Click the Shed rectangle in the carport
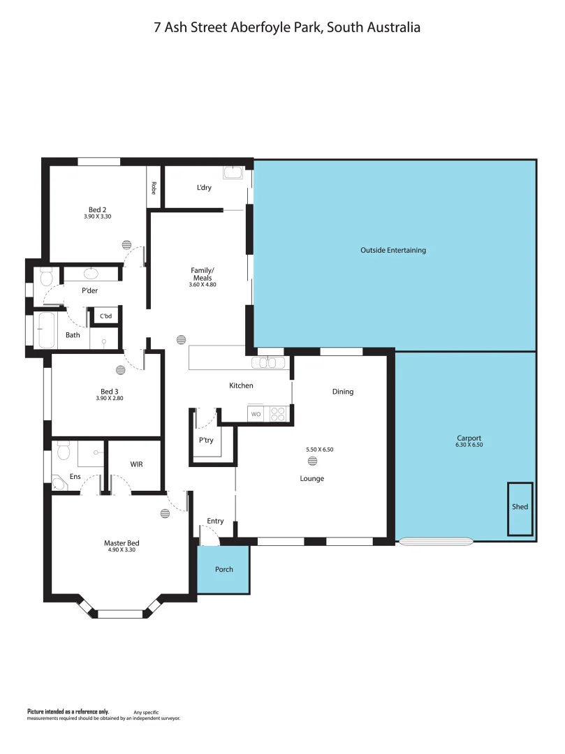(x=520, y=509)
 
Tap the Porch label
(x=223, y=569)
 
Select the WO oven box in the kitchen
(x=256, y=414)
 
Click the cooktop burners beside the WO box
(x=277, y=414)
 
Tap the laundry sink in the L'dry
(x=232, y=173)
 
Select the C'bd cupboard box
(x=105, y=316)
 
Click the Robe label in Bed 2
(x=154, y=188)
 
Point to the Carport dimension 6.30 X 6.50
(x=469, y=445)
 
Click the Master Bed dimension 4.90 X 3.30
(x=121, y=549)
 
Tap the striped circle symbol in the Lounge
(x=311, y=461)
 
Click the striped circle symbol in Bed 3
(x=120, y=371)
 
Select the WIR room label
(x=137, y=464)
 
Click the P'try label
(x=206, y=441)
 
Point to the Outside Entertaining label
(x=392, y=250)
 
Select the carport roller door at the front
(x=435, y=540)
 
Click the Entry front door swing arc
(x=210, y=535)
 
